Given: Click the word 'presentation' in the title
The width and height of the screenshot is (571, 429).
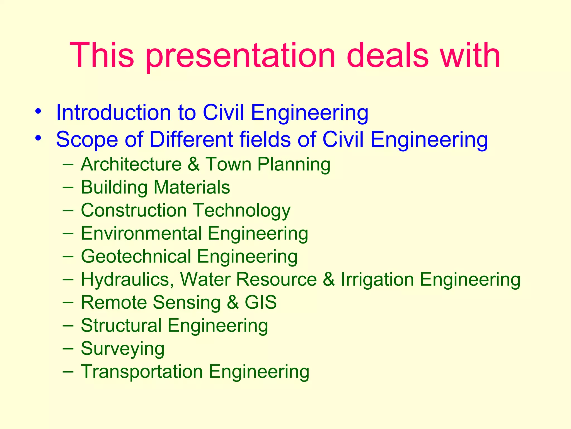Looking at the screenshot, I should [240, 56].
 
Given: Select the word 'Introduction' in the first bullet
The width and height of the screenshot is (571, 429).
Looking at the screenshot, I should [113, 113].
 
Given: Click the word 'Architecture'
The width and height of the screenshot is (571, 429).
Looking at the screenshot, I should [131, 164].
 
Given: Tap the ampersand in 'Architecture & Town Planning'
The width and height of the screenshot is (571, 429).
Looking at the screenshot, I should [193, 164].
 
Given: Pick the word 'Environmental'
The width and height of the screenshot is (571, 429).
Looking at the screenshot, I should [141, 233].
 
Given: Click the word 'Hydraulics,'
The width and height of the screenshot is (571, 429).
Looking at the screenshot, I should [127, 280].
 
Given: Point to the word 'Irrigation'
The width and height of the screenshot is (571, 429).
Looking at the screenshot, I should [377, 279].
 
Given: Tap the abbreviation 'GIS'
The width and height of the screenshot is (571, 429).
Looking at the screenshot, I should [261, 302].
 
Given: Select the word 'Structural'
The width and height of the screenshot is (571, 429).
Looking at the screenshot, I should [121, 326].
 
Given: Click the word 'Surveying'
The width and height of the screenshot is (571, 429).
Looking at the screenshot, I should [123, 349].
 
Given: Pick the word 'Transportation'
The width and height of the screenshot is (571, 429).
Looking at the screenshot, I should [142, 372].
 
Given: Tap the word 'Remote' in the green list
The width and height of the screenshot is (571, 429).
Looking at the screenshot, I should [114, 302].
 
